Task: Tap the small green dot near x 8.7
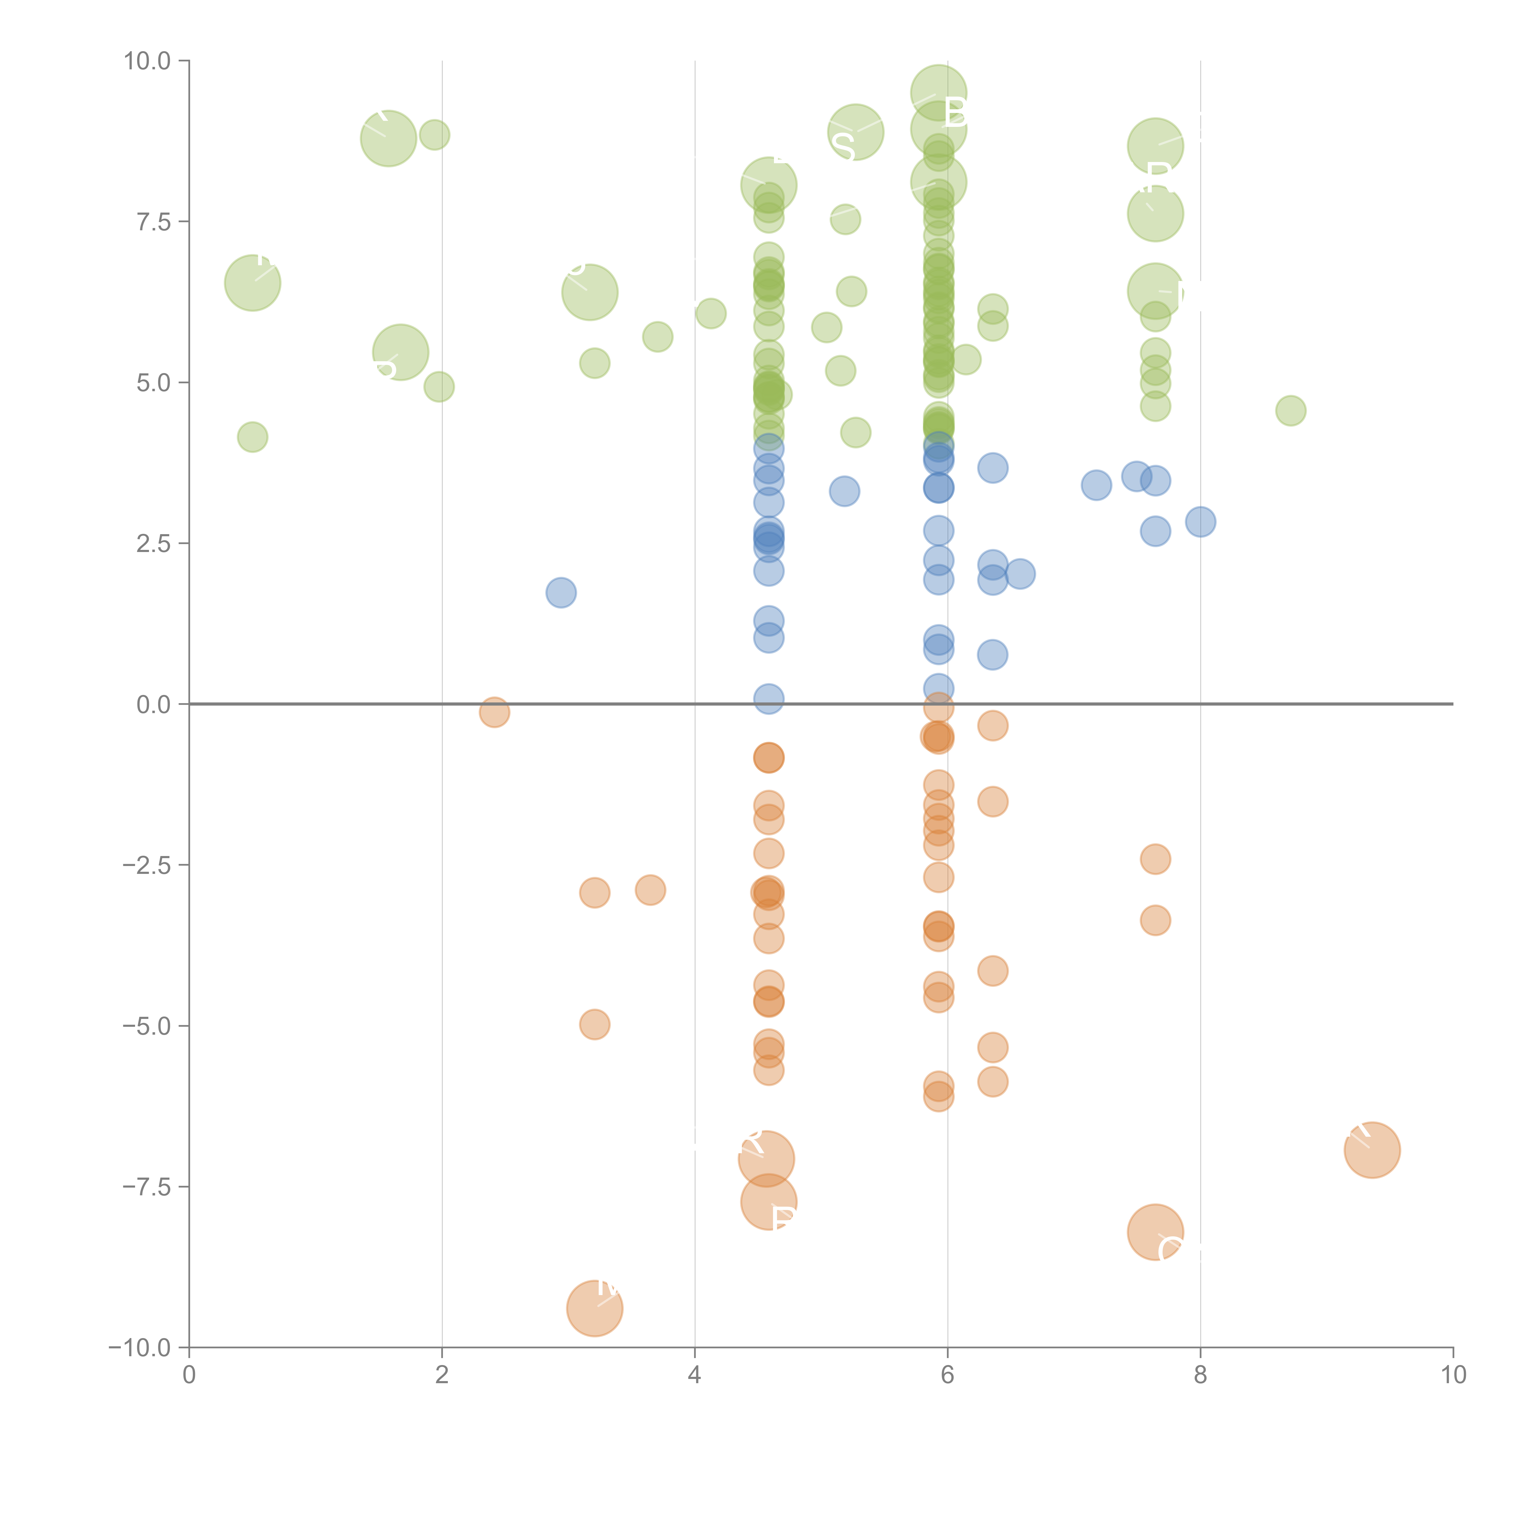pyautogui.click(x=1291, y=410)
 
